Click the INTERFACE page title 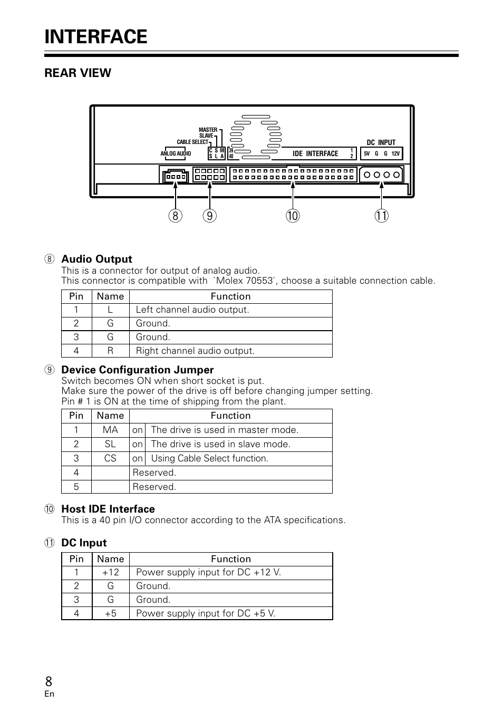click(96, 37)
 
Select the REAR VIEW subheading click(78, 73)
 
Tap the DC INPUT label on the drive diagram click(381, 142)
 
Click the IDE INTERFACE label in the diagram click(315, 154)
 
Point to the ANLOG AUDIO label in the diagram click(176, 154)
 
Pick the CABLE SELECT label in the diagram click(192, 142)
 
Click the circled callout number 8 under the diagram click(176, 216)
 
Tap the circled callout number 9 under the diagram click(209, 216)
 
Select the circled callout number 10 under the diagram click(293, 216)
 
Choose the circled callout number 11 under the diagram click(382, 216)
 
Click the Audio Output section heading click(96, 259)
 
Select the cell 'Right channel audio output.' click(195, 351)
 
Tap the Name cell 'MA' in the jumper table click(110, 430)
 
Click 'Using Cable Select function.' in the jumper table click(209, 458)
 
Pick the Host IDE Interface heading click(108, 509)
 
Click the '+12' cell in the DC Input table click(110, 572)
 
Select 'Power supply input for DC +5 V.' click(206, 613)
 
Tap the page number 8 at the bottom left click(49, 681)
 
